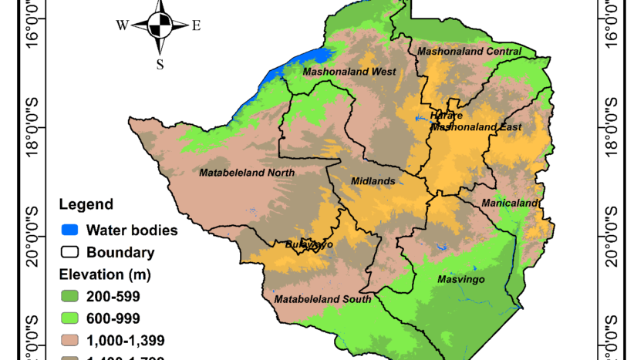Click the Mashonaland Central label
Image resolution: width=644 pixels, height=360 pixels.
coord(469,52)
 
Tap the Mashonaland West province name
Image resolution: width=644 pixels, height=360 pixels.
coord(349,72)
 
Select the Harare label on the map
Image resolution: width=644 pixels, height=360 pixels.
coord(447,115)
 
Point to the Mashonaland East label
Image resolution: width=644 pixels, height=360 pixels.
coord(476,127)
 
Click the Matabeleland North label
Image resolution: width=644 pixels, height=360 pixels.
coord(247,173)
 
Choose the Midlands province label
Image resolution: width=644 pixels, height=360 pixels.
coord(373,181)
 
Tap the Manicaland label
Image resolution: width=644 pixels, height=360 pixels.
coord(510,204)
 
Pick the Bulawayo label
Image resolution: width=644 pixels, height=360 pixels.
coord(309,244)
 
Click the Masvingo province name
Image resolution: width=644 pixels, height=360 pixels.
coord(460,279)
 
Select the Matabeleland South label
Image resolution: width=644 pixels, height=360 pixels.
coord(323,299)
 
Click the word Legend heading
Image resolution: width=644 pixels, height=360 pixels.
coord(86,205)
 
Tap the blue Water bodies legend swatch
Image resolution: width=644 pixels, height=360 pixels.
coord(70,230)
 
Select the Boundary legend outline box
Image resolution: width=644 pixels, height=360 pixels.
coord(70,252)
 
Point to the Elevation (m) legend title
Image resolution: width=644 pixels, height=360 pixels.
coord(105,274)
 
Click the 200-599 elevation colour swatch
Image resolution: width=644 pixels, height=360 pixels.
coord(70,295)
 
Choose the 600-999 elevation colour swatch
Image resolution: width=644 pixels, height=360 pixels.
coord(70,318)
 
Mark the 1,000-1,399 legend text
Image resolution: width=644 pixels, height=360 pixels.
coord(125,340)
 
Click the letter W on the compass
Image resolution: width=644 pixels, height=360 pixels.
coord(122,25)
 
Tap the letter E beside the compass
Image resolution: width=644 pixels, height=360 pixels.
coord(196,25)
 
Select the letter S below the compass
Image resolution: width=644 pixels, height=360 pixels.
coord(160,65)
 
